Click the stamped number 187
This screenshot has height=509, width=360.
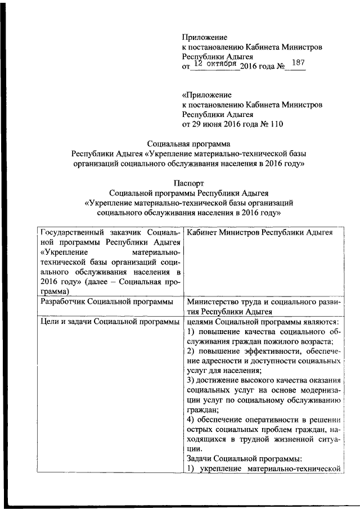[x=295, y=64]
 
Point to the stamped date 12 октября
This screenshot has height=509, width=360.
[x=214, y=65]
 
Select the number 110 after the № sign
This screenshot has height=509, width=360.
[x=276, y=124]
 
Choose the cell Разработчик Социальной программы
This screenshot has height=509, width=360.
[x=106, y=301]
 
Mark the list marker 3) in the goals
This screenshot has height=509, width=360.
[x=190, y=380]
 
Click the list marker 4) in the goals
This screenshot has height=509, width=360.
[x=190, y=420]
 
